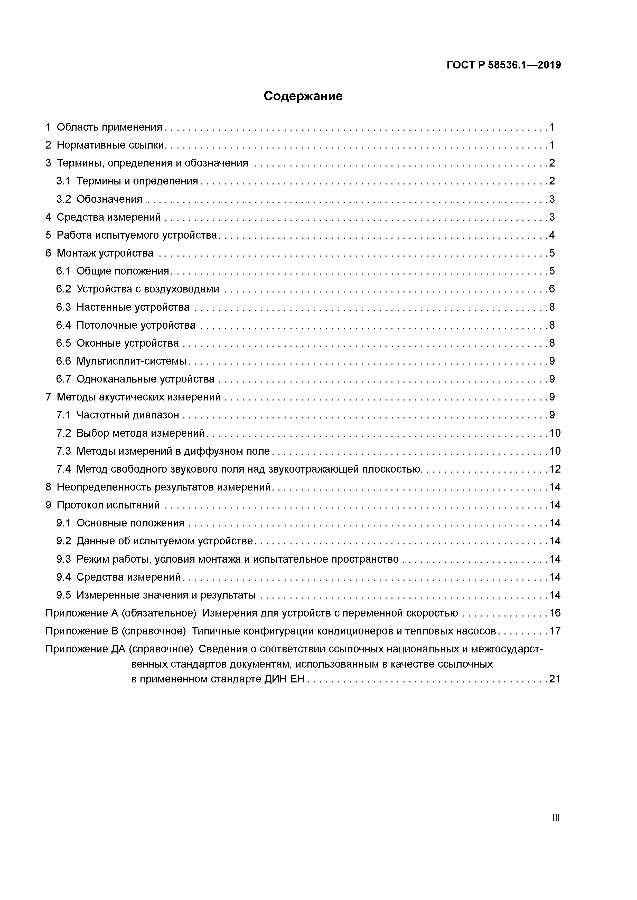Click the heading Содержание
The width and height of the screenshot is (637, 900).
point(303,96)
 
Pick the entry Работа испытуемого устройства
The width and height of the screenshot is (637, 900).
point(137,235)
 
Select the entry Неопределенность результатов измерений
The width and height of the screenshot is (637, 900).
point(164,487)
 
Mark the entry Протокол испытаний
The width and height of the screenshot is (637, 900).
point(108,505)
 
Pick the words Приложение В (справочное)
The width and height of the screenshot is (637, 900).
point(115,631)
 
